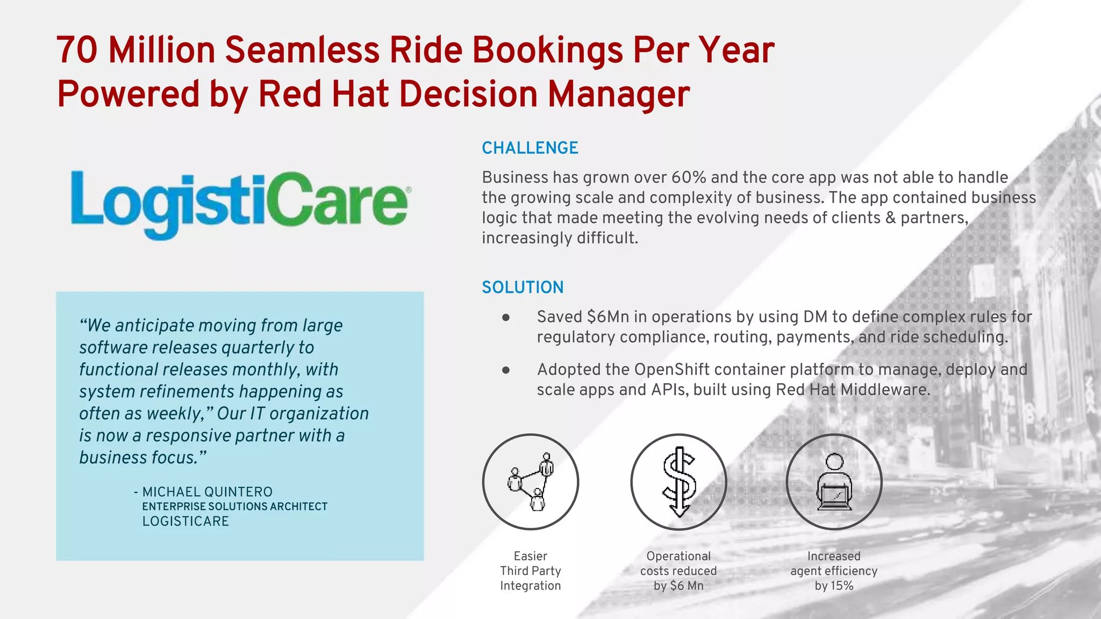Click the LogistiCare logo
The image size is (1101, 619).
tap(239, 204)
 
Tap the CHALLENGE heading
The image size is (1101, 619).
tap(530, 148)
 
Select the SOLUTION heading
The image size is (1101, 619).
tap(523, 287)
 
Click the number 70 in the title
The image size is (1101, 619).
tap(77, 50)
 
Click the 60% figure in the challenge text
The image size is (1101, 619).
tap(689, 177)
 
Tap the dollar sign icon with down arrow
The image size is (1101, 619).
tap(678, 482)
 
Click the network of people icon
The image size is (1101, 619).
tap(531, 482)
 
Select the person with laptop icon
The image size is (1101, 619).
tap(834, 482)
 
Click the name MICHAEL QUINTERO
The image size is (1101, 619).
tap(207, 492)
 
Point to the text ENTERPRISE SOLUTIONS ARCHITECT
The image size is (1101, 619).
tap(234, 507)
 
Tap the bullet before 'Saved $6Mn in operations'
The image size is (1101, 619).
tap(506, 318)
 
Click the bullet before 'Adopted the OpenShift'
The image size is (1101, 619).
tap(506, 370)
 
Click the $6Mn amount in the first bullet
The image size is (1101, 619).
tap(607, 317)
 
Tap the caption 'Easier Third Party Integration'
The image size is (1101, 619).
tap(531, 571)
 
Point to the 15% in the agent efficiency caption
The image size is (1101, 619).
tap(841, 586)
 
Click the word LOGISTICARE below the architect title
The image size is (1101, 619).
tap(185, 521)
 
